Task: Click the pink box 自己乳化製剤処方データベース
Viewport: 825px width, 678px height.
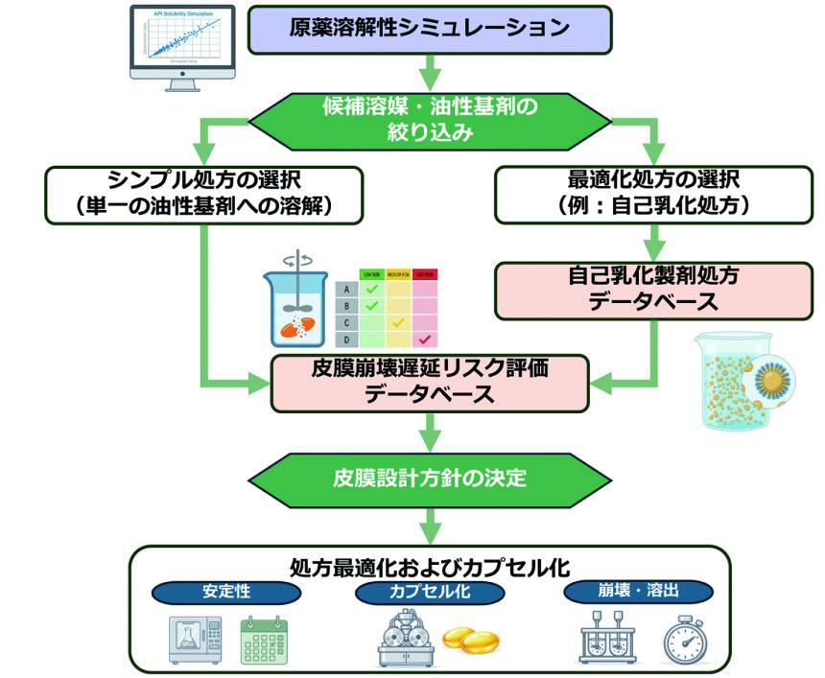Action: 656,291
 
